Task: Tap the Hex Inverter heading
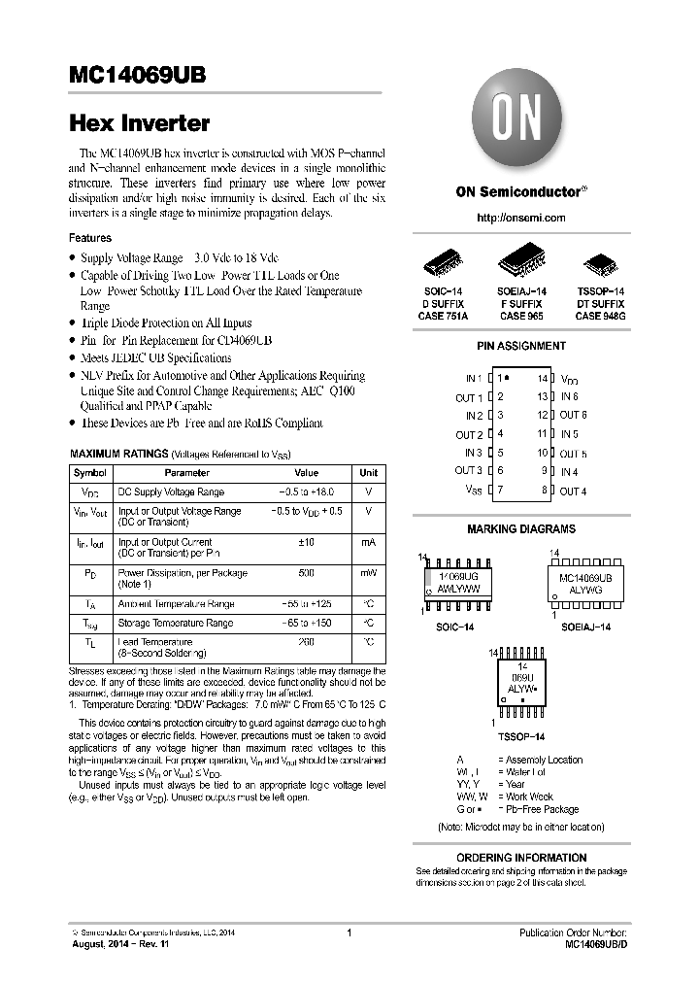[x=139, y=123]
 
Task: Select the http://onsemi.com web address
[x=521, y=218]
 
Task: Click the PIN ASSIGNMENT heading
[x=521, y=346]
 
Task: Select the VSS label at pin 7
[x=473, y=491]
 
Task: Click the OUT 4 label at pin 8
[x=573, y=491]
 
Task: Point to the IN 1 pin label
[x=473, y=378]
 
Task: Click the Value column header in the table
[x=306, y=473]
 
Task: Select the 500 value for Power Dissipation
[x=306, y=573]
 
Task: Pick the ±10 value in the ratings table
[x=306, y=542]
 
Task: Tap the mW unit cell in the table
[x=369, y=573]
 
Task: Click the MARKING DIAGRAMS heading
[x=521, y=529]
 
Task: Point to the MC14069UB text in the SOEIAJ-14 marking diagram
[x=592, y=577]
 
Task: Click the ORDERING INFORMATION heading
[x=521, y=858]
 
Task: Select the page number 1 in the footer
[x=349, y=933]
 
